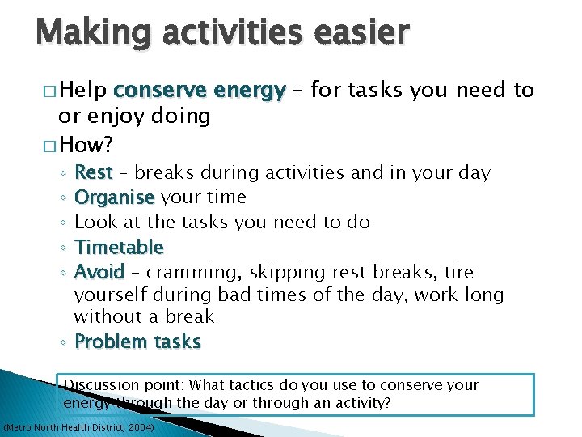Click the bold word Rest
(x=93, y=173)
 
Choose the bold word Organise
(x=114, y=197)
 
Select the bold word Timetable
(x=119, y=247)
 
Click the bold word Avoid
(x=99, y=272)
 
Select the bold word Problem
(x=105, y=342)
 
